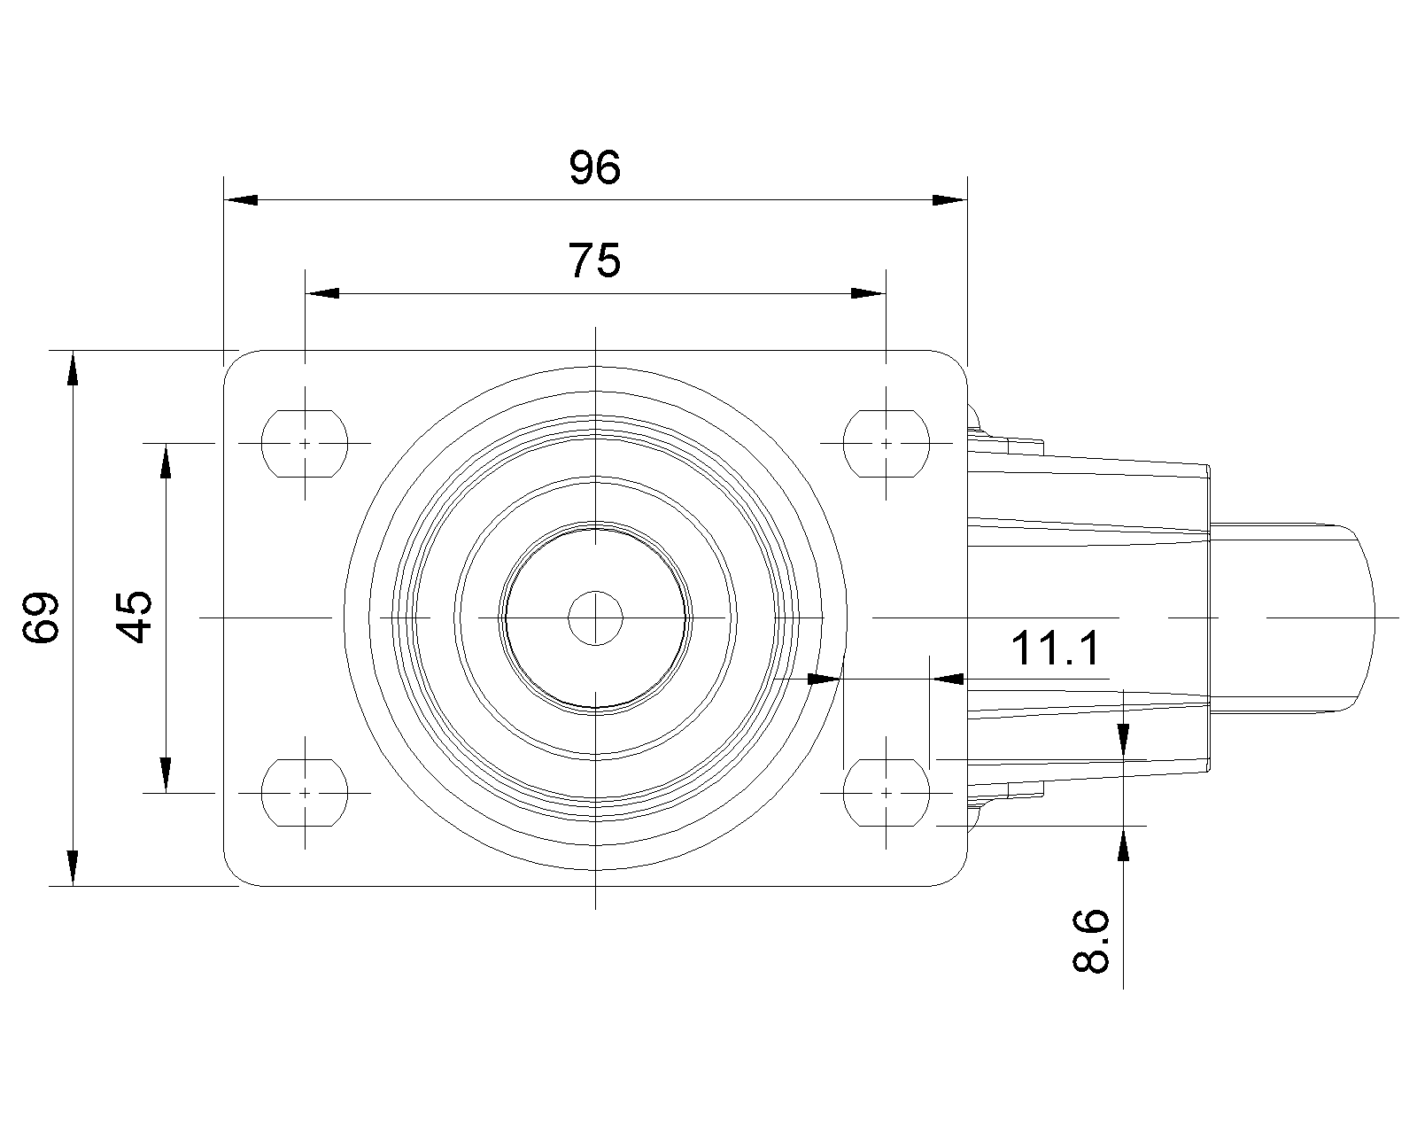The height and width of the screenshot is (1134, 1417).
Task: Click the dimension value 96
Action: pyautogui.click(x=594, y=167)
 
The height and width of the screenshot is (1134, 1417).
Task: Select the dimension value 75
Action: pyautogui.click(x=594, y=260)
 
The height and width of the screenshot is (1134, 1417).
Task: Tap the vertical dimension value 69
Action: pyautogui.click(x=41, y=617)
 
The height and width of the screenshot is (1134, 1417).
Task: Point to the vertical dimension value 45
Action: pyautogui.click(x=135, y=617)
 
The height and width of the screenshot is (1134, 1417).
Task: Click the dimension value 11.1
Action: pyautogui.click(x=1055, y=649)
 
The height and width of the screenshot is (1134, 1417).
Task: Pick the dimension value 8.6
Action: pyautogui.click(x=1091, y=942)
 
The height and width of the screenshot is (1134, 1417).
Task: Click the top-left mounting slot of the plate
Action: pyautogui.click(x=304, y=444)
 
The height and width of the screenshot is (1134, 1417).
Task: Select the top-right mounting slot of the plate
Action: pyautogui.click(x=887, y=444)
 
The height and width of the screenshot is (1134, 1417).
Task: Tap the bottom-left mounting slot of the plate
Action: pyautogui.click(x=304, y=793)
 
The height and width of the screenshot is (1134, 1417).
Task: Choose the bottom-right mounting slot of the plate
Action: pyautogui.click(x=887, y=793)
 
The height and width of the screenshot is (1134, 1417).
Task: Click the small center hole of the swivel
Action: pyautogui.click(x=595, y=618)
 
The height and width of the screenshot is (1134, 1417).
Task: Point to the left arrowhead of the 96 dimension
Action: pyautogui.click(x=240, y=199)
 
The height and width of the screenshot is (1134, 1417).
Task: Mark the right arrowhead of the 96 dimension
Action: pyautogui.click(x=950, y=199)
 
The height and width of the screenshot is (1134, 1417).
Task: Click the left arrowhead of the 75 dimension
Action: pyautogui.click(x=322, y=293)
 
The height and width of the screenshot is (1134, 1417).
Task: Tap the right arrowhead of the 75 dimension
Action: pyautogui.click(x=869, y=293)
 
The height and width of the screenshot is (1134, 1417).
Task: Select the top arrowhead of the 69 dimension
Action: pyautogui.click(x=73, y=368)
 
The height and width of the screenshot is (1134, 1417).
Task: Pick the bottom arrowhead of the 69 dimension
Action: pyautogui.click(x=73, y=868)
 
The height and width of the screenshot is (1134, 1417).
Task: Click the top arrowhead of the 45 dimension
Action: pyautogui.click(x=166, y=461)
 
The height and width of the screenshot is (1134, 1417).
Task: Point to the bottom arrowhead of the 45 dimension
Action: pyautogui.click(x=166, y=775)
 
